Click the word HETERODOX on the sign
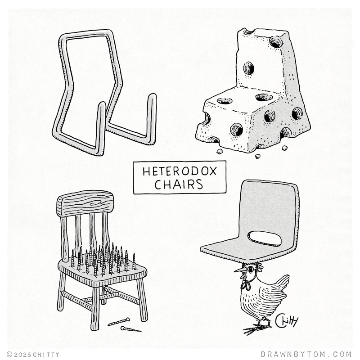[180, 171]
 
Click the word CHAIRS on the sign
[179, 184]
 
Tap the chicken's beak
[239, 269]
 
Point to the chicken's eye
[250, 268]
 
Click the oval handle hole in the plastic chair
[265, 239]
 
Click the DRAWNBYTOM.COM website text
[306, 354]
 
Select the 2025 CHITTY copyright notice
[33, 355]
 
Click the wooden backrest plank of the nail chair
[85, 203]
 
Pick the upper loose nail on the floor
[119, 321]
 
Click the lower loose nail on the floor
[130, 329]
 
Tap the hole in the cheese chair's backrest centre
[249, 68]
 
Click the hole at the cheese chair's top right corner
[276, 42]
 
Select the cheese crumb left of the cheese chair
[220, 151]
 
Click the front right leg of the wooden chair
[142, 298]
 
